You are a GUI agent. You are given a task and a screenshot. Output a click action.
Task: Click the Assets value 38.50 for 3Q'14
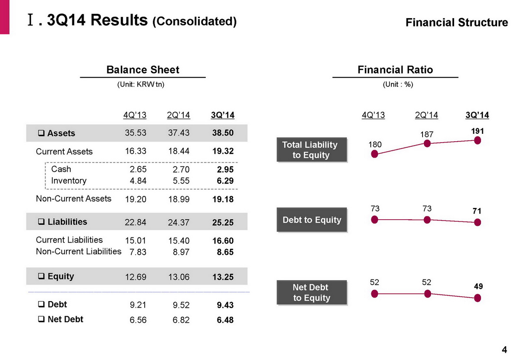pyautogui.click(x=223, y=133)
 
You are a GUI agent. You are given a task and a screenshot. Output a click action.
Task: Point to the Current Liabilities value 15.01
pyautogui.click(x=135, y=240)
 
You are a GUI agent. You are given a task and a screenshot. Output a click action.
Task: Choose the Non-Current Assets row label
pyautogui.click(x=73, y=199)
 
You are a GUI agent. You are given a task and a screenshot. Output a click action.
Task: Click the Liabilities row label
pyautogui.click(x=67, y=222)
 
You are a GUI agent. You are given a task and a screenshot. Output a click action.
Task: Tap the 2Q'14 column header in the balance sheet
pyautogui.click(x=178, y=115)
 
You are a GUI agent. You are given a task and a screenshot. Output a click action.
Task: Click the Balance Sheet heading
pyautogui.click(x=143, y=70)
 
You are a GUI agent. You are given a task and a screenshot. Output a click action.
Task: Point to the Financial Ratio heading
pyautogui.click(x=395, y=70)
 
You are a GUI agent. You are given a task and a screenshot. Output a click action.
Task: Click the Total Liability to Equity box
pyautogui.click(x=312, y=150)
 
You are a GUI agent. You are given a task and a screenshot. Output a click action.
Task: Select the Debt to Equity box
pyautogui.click(x=312, y=220)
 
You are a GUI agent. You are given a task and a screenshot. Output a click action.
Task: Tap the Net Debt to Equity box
pyautogui.click(x=312, y=293)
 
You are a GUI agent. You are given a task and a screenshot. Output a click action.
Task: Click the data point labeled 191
pyautogui.click(x=478, y=140)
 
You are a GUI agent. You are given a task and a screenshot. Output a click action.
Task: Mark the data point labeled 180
pyautogui.click(x=375, y=155)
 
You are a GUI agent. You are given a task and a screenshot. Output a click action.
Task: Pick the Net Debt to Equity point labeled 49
pyautogui.click(x=478, y=298)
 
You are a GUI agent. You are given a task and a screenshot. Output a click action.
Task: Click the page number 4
pyautogui.click(x=504, y=350)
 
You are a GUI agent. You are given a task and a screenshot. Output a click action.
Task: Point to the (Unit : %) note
pyautogui.click(x=398, y=85)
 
